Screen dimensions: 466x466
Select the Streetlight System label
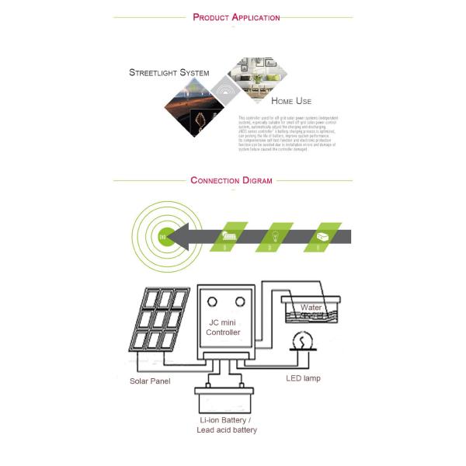(169, 73)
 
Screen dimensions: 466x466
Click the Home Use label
(291, 101)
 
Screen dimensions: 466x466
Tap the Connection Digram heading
(231, 181)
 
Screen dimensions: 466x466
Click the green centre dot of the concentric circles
(164, 236)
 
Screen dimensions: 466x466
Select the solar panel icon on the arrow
(230, 236)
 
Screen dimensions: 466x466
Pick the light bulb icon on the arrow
(275, 236)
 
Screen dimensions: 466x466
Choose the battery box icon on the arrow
(320, 236)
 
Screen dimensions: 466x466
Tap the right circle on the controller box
(242, 301)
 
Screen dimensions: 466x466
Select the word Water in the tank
(311, 308)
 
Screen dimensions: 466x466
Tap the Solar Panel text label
(150, 381)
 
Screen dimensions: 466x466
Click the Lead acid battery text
(226, 429)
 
